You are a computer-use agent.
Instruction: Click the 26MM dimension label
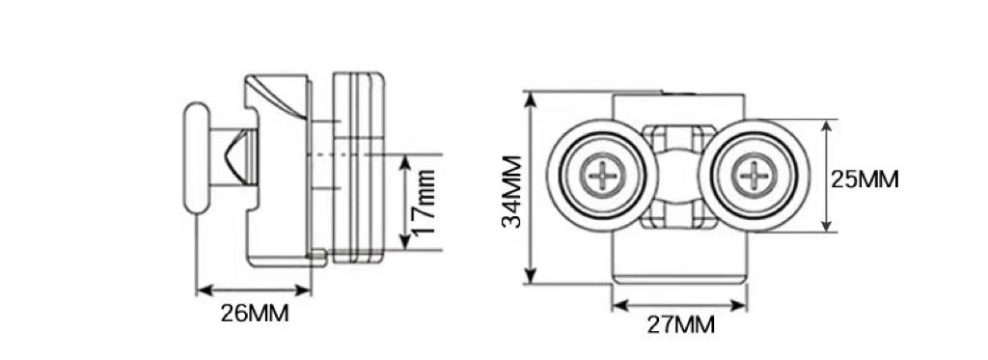pyautogui.click(x=255, y=314)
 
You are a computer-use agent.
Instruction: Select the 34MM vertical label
pyautogui.click(x=512, y=192)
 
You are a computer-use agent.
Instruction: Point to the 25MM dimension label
pyautogui.click(x=864, y=180)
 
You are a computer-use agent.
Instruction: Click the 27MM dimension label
pyautogui.click(x=681, y=325)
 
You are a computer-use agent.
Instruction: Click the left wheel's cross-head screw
pyautogui.click(x=603, y=175)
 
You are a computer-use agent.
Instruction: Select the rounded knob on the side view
pyautogui.click(x=196, y=157)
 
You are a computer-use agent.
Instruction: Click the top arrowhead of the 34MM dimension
pyautogui.click(x=531, y=99)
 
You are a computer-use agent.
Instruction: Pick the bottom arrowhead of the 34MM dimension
pyautogui.click(x=531, y=276)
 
